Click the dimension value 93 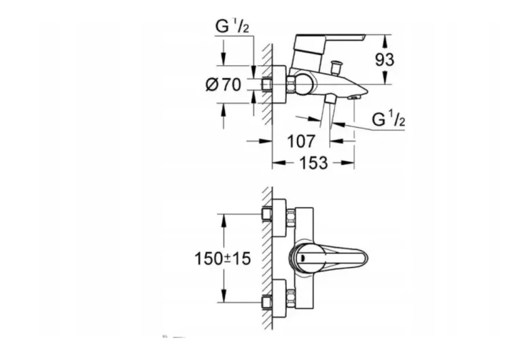(385, 60)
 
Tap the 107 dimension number (301, 141)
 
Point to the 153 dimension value (313, 163)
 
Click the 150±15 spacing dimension (223, 259)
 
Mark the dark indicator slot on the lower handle (302, 257)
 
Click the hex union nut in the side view (291, 85)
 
